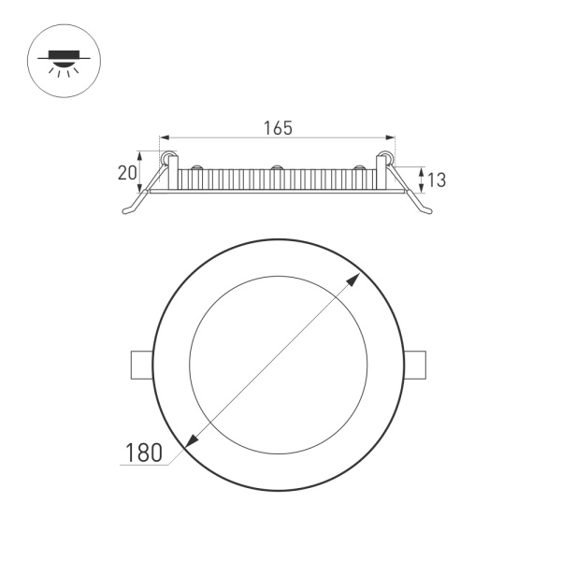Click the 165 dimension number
coord(277,128)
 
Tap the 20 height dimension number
coord(127,172)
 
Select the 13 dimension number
coord(436,179)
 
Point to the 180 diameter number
coord(144,453)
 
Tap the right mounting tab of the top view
coord(415,365)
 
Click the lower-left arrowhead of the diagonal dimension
coord(193,441)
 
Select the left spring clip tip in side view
coord(126,212)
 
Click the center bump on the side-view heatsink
coord(277,169)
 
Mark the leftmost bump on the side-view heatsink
coord(196,169)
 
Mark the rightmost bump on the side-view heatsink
coord(359,169)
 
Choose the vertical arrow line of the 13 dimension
coord(421,180)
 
